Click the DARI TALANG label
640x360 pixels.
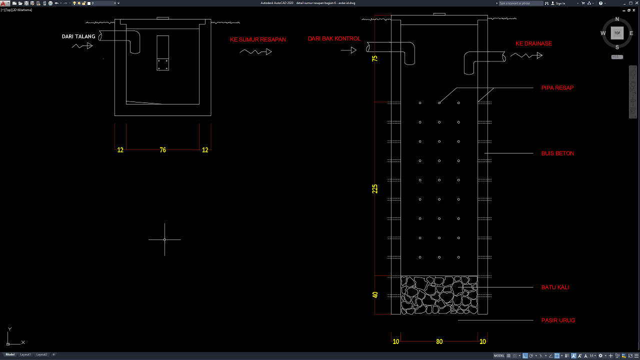tap(78, 36)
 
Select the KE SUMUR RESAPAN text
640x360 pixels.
tap(258, 39)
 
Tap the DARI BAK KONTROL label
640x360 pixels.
tap(334, 38)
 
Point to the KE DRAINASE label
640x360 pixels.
tap(533, 44)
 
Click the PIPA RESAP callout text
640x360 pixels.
tap(557, 88)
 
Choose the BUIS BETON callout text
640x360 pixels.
tap(557, 153)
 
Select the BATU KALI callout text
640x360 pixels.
tap(555, 287)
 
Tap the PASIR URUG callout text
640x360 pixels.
tap(558, 320)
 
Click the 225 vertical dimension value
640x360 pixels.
tap(375, 188)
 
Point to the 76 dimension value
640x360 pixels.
tap(162, 150)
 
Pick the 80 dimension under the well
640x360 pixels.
tap(439, 342)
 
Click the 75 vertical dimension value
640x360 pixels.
tap(375, 58)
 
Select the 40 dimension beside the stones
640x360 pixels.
tap(375, 295)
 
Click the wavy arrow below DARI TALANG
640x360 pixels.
tap(82, 45)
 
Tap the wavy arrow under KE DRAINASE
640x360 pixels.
tap(526, 55)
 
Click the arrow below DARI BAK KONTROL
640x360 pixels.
tap(348, 50)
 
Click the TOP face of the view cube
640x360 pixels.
tap(617, 33)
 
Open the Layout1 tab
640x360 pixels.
tap(25, 354)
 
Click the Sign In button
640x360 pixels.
tap(560, 3)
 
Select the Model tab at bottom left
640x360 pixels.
tap(10, 354)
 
